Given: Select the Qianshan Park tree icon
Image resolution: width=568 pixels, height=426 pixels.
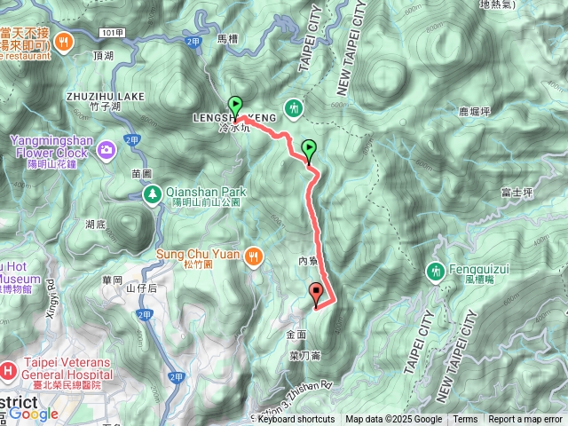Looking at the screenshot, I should click(153, 193).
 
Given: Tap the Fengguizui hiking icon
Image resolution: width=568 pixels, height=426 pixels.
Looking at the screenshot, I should click(435, 270).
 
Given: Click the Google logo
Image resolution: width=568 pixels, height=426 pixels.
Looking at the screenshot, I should click(34, 414).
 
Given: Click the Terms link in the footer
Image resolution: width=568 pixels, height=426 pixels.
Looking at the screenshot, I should click(465, 420).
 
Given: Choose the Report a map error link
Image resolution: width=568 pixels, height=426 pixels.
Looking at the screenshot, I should click(525, 420).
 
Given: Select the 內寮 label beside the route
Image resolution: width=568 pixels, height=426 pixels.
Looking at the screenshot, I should click(308, 261).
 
